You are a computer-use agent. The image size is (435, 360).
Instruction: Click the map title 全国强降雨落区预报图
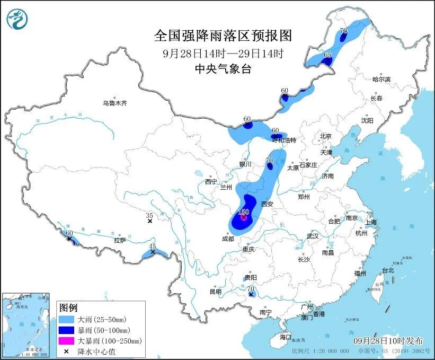coord(223,36)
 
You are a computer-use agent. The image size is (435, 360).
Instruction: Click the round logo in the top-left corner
coord(18,19)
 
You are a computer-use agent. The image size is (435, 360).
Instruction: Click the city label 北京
coord(325,136)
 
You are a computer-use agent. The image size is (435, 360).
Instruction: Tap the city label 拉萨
coord(120,240)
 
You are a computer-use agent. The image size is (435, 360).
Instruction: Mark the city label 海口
coord(286,337)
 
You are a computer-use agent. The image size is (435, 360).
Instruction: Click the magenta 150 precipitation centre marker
coord(243,217)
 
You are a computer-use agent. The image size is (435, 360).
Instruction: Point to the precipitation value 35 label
coord(149,215)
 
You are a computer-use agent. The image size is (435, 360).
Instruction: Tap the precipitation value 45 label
coord(153,246)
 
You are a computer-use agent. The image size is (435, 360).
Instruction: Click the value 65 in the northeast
coord(327,55)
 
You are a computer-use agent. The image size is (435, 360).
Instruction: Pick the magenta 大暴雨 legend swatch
coord(68,341)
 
